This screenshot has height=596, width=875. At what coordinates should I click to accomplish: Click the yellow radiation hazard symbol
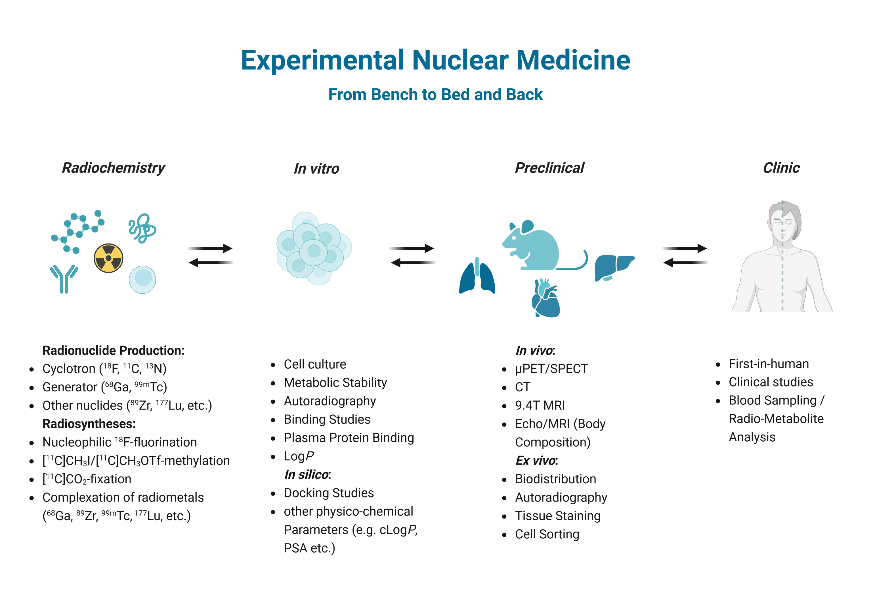108,258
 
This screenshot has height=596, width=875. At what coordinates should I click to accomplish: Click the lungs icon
477,277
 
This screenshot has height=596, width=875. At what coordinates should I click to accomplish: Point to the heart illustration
545,299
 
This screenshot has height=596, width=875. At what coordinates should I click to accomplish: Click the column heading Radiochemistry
113,168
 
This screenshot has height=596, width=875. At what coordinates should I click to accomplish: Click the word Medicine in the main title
573,60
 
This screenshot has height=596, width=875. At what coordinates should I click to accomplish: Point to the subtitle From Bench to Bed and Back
435,95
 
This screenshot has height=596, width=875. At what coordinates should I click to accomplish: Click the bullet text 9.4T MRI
540,406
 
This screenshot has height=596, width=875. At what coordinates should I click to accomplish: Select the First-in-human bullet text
769,364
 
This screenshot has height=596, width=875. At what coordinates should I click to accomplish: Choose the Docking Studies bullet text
329,493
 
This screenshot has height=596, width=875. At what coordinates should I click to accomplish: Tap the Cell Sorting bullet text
547,534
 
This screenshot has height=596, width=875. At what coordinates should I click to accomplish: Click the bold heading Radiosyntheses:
89,424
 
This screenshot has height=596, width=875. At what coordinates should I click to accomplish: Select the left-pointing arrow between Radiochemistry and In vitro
211,263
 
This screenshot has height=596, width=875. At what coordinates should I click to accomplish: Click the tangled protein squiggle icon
142,228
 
